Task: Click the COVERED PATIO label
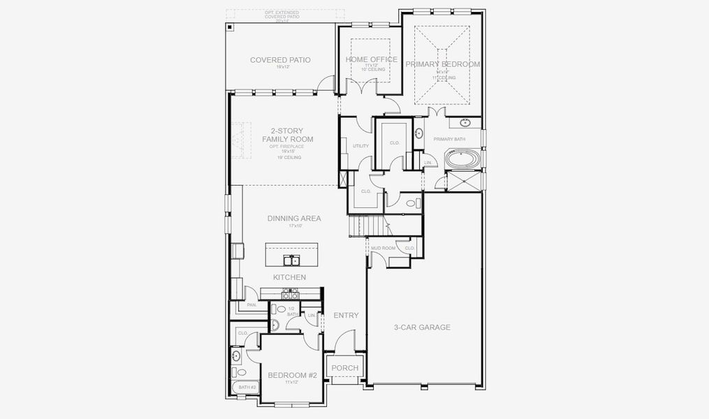point(280,60)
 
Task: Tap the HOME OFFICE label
point(372,59)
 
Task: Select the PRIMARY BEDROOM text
point(443,64)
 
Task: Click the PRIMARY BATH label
point(449,139)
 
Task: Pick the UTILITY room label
point(360,146)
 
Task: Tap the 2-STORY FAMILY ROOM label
point(287,135)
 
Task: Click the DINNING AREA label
point(294,219)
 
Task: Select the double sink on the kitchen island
point(291,260)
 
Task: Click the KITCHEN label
point(289,277)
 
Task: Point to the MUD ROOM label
point(383,248)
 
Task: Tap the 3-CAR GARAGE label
point(421,327)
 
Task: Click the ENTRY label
point(346,316)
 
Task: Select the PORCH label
point(344,368)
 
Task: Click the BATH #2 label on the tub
point(247,387)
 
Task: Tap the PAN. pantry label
point(251,304)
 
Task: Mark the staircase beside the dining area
point(367,226)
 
